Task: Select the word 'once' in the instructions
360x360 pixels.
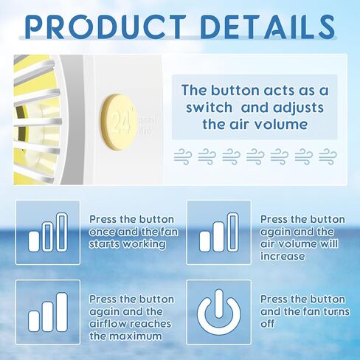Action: (103, 232)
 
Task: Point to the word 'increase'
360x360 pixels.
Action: (283, 256)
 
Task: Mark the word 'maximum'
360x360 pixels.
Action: (136, 336)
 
